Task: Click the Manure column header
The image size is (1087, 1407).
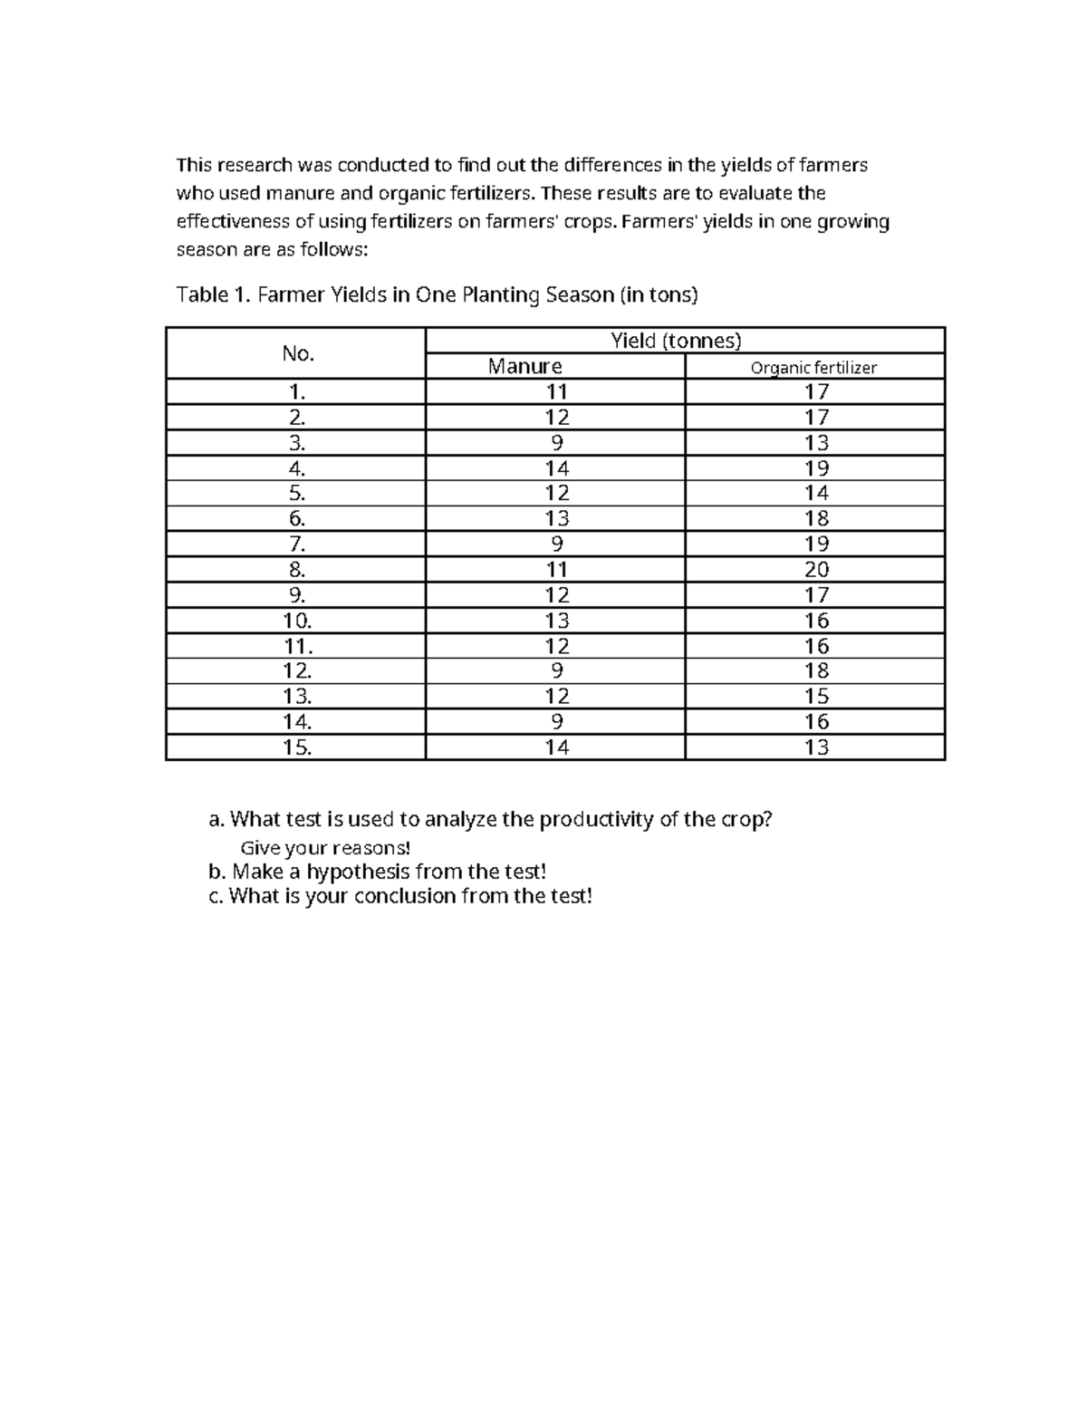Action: pos(524,366)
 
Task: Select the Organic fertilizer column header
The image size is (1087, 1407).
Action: pos(813,367)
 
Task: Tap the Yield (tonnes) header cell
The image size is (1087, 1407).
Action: pos(676,341)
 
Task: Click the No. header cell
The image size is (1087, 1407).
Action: pos(298,353)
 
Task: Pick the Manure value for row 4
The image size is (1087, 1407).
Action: pos(556,468)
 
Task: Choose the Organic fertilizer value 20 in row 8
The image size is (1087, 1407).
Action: pos(816,570)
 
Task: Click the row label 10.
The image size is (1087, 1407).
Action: pos(297,621)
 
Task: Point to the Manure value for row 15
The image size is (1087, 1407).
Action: pos(556,747)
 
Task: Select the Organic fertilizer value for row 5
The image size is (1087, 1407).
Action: pos(816,493)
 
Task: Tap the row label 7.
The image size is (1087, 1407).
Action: pos(297,544)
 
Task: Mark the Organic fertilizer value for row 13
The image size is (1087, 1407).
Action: pos(816,697)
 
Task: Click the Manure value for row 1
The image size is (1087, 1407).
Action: pos(556,391)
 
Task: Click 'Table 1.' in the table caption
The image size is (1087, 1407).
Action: pos(214,294)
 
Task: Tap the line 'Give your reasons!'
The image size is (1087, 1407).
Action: pos(324,848)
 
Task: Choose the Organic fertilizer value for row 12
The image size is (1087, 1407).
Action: pos(816,671)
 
